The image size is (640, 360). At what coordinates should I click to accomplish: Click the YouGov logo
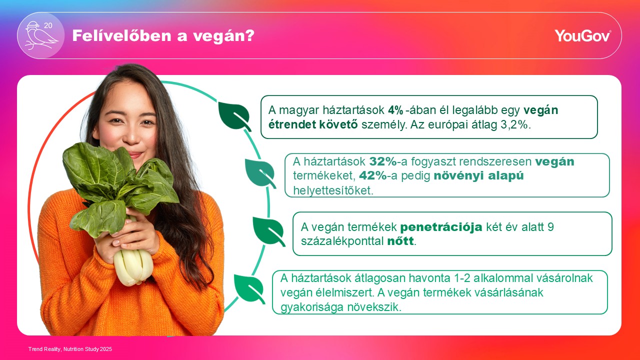pyautogui.click(x=582, y=35)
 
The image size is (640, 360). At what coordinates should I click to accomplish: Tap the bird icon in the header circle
pyautogui.click(x=40, y=36)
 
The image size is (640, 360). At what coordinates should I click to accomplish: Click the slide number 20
pyautogui.click(x=48, y=25)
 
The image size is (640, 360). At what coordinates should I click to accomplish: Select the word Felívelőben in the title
pyautogui.click(x=121, y=35)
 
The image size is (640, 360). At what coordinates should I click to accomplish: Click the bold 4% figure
pyautogui.click(x=395, y=110)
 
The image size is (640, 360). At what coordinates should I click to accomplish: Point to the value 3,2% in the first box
pyautogui.click(x=515, y=125)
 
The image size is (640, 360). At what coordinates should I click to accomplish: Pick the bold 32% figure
pyautogui.click(x=383, y=161)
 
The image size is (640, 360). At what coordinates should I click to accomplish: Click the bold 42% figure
pyautogui.click(x=373, y=175)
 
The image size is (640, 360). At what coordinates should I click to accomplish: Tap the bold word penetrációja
pyautogui.click(x=441, y=227)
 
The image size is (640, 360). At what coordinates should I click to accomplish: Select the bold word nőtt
pyautogui.click(x=400, y=241)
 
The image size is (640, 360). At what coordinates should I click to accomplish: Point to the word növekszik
pyautogui.click(x=374, y=307)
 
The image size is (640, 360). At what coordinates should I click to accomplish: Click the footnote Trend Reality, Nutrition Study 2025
pyautogui.click(x=70, y=349)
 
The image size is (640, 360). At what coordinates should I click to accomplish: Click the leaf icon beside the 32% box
pyautogui.click(x=260, y=173)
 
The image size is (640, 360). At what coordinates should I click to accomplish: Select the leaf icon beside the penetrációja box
pyautogui.click(x=268, y=231)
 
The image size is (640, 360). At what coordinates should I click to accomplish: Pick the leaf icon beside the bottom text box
pyautogui.click(x=249, y=289)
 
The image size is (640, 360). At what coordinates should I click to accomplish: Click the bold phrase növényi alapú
pyautogui.click(x=478, y=175)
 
